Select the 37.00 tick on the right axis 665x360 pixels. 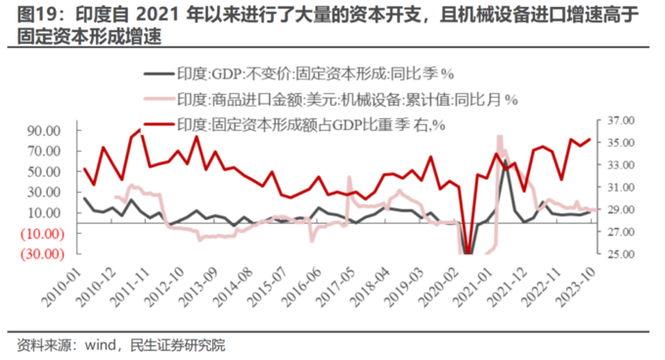tap(621, 120)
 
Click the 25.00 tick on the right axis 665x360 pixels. tap(621, 254)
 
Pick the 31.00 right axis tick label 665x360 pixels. tap(621, 188)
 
